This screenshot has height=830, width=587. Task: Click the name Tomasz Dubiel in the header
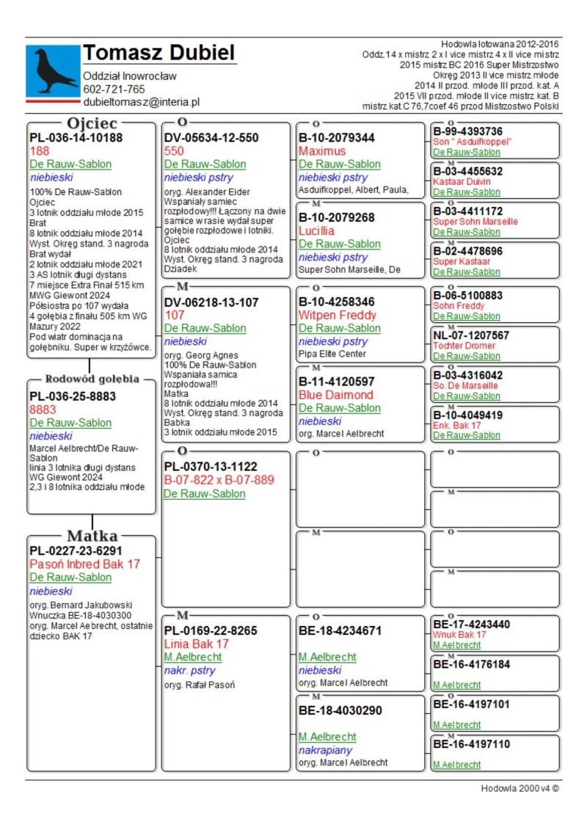(x=158, y=53)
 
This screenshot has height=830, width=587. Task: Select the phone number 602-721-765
(x=114, y=90)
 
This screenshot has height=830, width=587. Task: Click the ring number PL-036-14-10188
(x=76, y=137)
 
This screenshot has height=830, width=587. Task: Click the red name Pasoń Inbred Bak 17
(x=84, y=564)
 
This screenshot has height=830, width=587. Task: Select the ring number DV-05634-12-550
(x=211, y=137)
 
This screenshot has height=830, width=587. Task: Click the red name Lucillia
(x=316, y=230)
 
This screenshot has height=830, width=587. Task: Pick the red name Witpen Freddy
(x=337, y=315)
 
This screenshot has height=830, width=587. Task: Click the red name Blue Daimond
(x=335, y=395)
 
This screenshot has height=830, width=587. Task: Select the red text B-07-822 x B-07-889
(x=219, y=480)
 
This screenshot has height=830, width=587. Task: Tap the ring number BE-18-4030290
(x=340, y=710)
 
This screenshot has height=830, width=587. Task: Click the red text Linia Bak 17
(x=197, y=644)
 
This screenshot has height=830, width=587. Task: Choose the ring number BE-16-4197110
(x=471, y=744)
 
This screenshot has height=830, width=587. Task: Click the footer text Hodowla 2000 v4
(x=519, y=788)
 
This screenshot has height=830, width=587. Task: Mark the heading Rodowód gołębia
(x=92, y=379)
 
